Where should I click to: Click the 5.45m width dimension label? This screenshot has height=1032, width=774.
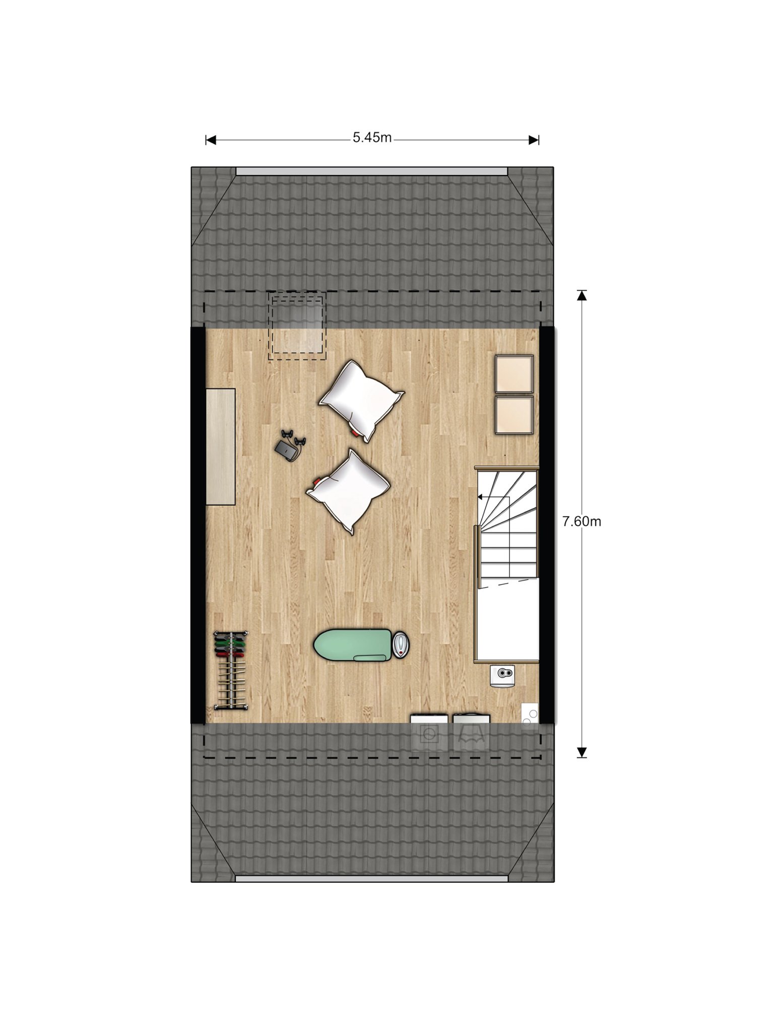click(x=372, y=138)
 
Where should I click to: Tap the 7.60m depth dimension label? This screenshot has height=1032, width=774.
click(x=582, y=522)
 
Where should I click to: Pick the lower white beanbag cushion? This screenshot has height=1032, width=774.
click(x=348, y=491)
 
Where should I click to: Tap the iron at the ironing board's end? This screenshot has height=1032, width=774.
click(x=401, y=646)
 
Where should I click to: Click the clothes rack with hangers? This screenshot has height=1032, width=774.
click(x=231, y=670)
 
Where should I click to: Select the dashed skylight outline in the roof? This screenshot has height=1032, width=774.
click(x=297, y=326)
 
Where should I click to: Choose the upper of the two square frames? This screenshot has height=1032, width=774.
click(x=514, y=373)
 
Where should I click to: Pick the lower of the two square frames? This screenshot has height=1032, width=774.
click(x=514, y=415)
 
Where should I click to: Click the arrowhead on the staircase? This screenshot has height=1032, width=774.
click(x=480, y=497)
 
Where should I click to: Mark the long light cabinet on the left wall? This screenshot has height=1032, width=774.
click(x=221, y=446)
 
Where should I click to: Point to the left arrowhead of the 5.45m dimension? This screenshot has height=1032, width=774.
click(x=211, y=140)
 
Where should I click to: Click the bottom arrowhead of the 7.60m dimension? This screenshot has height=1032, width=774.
click(x=582, y=752)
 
